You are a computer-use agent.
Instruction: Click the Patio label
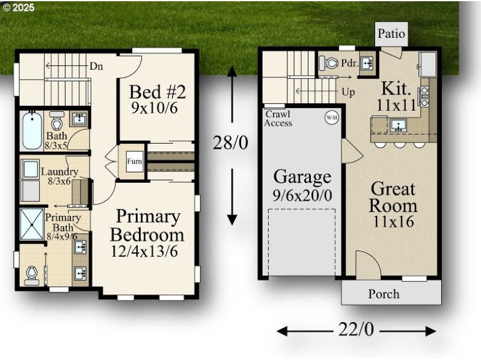391,34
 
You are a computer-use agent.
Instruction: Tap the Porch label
384,294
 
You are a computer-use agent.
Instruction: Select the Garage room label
302,177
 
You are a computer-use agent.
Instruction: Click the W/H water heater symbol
331,117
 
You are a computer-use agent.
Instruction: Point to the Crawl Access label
278,118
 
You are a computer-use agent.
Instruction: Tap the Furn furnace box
134,160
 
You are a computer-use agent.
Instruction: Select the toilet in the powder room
329,63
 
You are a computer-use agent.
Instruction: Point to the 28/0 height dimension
230,142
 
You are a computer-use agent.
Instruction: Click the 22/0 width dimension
357,330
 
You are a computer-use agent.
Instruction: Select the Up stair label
348,93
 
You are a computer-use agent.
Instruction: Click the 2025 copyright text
19,8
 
